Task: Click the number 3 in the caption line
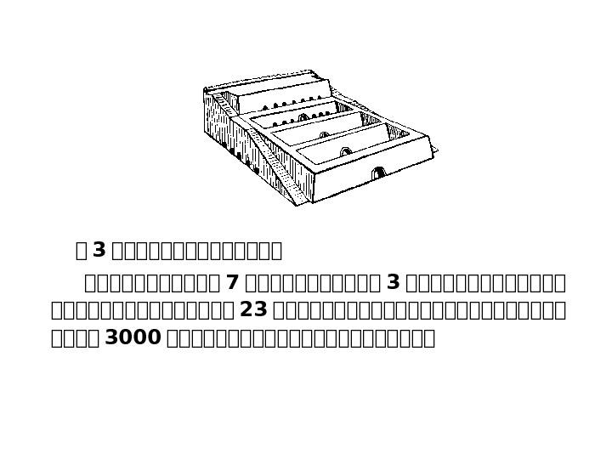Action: click(99, 250)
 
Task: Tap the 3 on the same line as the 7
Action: click(393, 282)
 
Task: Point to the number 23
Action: click(254, 309)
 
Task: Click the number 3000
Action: click(132, 337)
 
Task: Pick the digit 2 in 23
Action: click(246, 309)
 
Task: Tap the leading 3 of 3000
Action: click(110, 337)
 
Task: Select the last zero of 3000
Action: click(154, 337)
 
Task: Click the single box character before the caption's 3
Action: click(81, 250)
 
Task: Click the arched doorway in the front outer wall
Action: click(378, 173)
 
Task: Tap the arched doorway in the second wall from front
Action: click(345, 151)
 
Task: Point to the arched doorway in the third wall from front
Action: click(323, 134)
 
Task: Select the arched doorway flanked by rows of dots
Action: click(303, 117)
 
